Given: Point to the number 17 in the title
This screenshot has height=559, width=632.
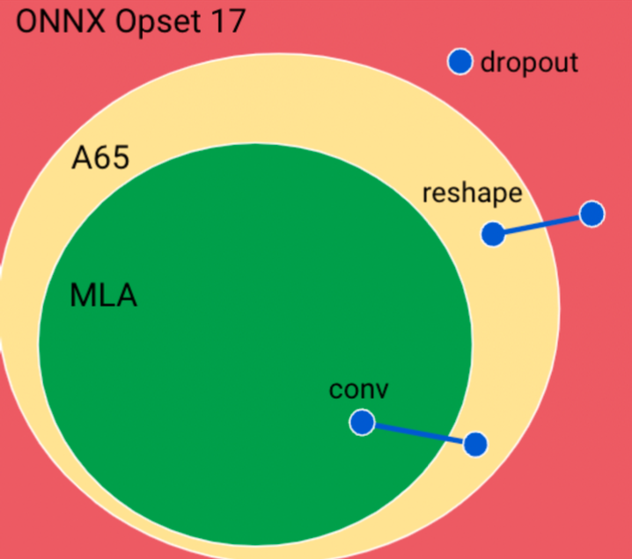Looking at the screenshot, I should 225,21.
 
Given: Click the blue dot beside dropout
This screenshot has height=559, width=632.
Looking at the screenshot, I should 460,62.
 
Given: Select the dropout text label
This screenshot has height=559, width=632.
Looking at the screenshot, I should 529,62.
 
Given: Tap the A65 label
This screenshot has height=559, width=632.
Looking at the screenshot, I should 100,158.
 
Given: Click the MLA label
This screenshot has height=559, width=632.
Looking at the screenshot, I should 103,295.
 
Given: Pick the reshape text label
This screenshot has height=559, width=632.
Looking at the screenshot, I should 472,193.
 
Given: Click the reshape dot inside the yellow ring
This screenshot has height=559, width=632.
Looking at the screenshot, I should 493,233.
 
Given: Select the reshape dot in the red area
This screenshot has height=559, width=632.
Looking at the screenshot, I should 592,214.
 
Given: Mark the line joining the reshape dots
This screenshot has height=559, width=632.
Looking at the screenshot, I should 542,223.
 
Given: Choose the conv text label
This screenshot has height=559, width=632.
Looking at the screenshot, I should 359,389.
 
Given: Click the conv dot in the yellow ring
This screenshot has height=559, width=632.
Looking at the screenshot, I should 474,445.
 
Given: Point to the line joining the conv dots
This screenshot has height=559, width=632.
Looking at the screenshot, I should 419,434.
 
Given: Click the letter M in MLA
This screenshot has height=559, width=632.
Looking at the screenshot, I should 82,295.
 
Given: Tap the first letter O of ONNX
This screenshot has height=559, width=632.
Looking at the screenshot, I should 27,21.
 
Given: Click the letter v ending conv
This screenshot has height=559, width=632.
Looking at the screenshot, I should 382,390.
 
